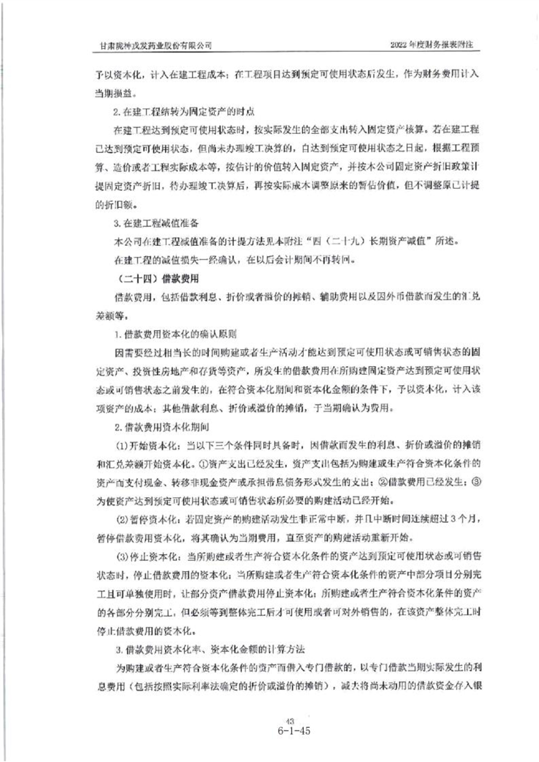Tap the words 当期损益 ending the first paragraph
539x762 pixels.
pyautogui.click(x=109, y=90)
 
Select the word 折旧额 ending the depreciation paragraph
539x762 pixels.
pyautogui.click(x=107, y=203)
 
